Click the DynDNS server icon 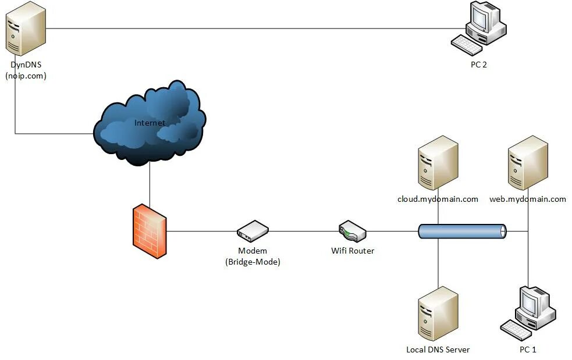point(26,28)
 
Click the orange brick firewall point(150,231)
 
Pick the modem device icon point(253,231)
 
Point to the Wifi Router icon point(353,231)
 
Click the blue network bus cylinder point(462,231)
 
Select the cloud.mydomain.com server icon point(438,163)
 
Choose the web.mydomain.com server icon point(528,163)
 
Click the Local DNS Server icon point(438,313)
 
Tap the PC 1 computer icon point(528,313)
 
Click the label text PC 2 point(479,65)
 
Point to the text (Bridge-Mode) point(253,262)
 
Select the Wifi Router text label point(353,251)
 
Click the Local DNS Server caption point(438,350)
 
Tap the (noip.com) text point(26,76)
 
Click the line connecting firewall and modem point(202,231)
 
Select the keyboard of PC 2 point(467,45)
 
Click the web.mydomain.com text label point(528,199)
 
